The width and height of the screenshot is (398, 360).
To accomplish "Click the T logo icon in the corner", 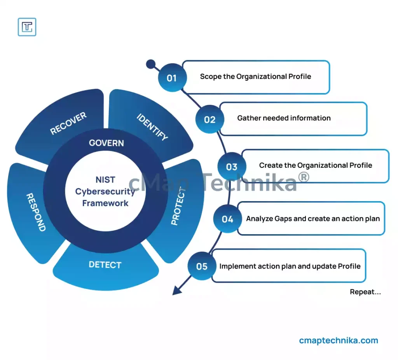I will tap(27, 27).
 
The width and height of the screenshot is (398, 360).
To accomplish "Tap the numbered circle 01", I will tap(172, 78).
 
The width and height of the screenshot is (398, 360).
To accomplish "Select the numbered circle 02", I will tap(209, 119).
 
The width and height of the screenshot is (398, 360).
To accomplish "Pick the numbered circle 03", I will tap(232, 167).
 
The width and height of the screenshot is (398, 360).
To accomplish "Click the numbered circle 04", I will tap(227, 219).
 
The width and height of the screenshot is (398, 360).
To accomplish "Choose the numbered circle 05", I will tap(202, 266).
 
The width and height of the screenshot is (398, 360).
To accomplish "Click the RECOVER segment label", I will tap(68, 123).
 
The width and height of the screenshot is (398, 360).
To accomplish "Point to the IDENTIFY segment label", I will tap(152, 127).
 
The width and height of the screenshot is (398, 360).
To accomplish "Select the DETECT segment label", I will tap(105, 265).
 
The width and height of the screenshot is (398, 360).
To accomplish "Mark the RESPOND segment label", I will tap(35, 212).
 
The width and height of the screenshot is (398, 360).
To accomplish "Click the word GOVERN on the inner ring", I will tap(106, 143).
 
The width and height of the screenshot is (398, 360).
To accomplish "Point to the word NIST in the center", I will tap(105, 180).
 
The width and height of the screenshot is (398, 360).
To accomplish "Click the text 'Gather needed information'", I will tap(284, 118).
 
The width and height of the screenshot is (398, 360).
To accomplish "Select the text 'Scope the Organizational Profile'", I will tap(255, 77).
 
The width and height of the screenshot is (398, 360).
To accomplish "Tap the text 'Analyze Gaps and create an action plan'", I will tap(312, 219).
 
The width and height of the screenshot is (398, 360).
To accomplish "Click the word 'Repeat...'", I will tap(365, 292).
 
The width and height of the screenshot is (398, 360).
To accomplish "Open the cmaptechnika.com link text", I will tap(339, 341).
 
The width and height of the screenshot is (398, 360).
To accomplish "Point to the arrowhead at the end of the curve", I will tap(177, 290).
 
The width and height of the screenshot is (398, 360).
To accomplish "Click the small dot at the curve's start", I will tap(150, 64).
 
